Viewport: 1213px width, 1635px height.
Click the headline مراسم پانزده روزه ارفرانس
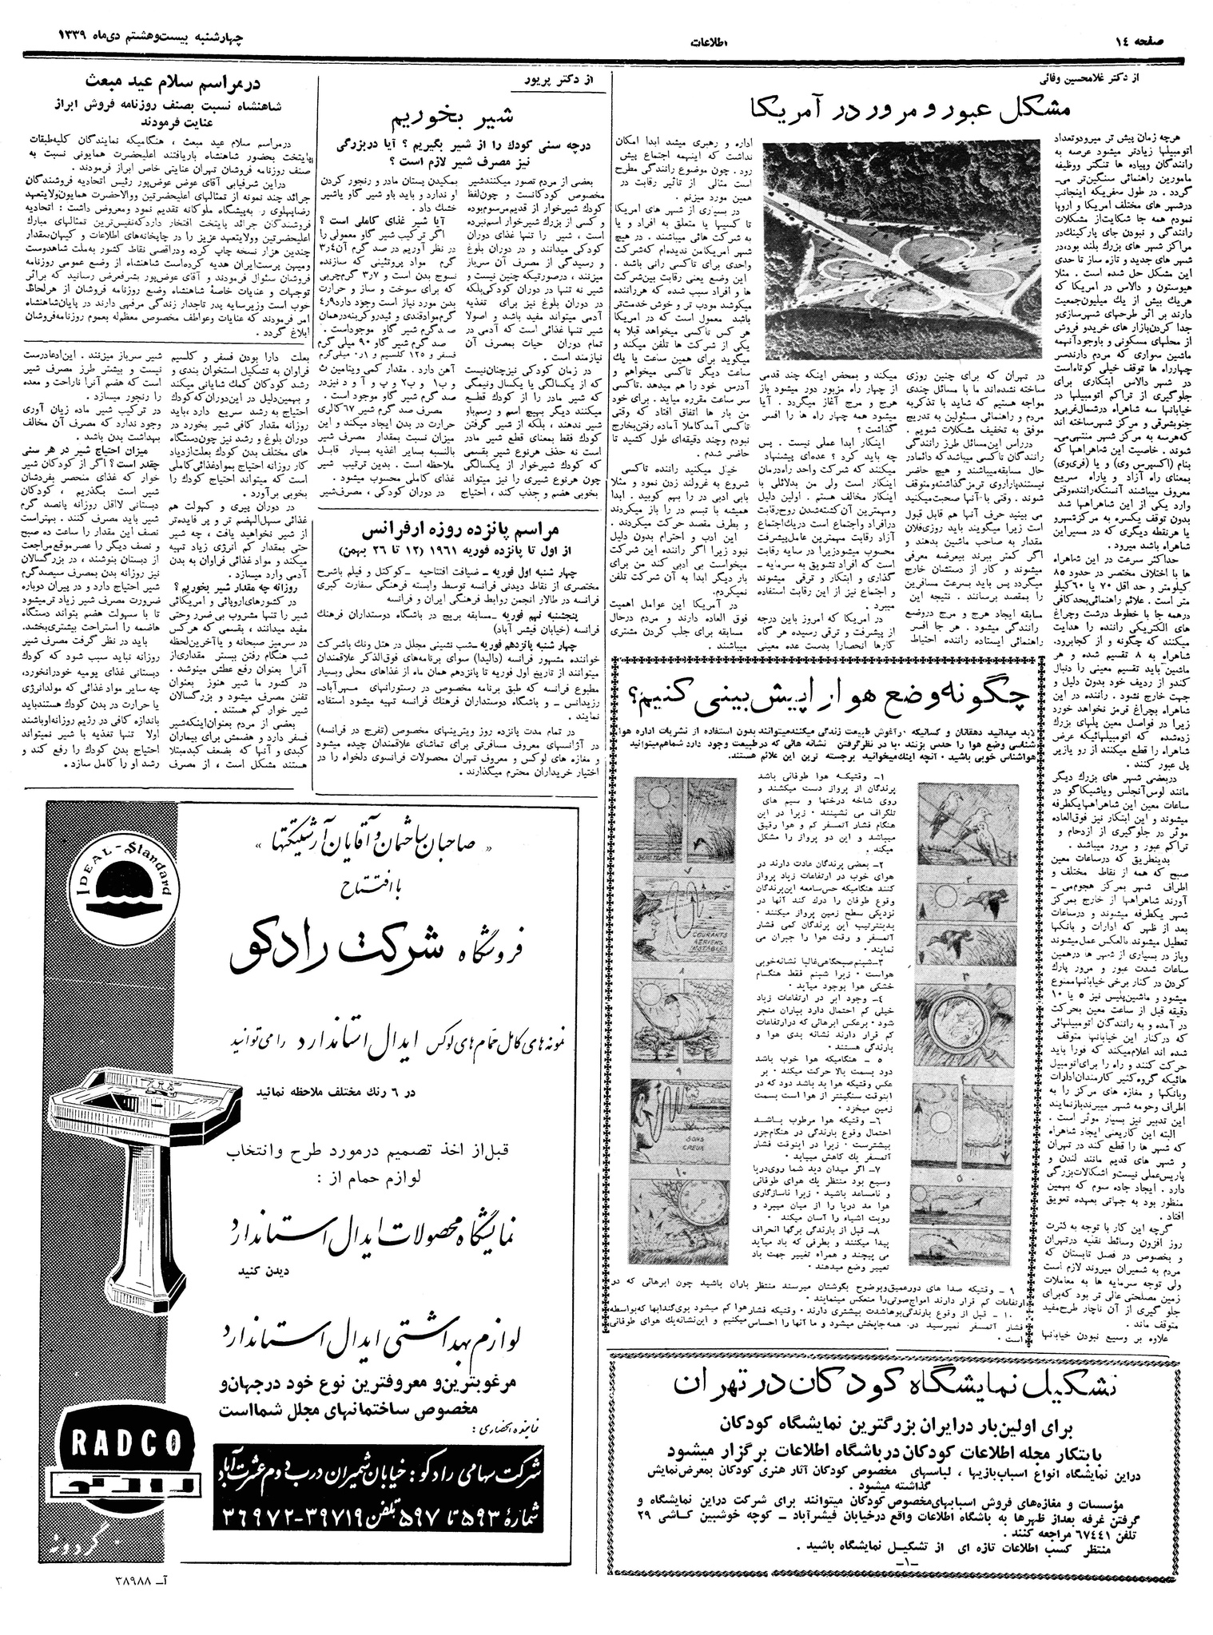point(464,531)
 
